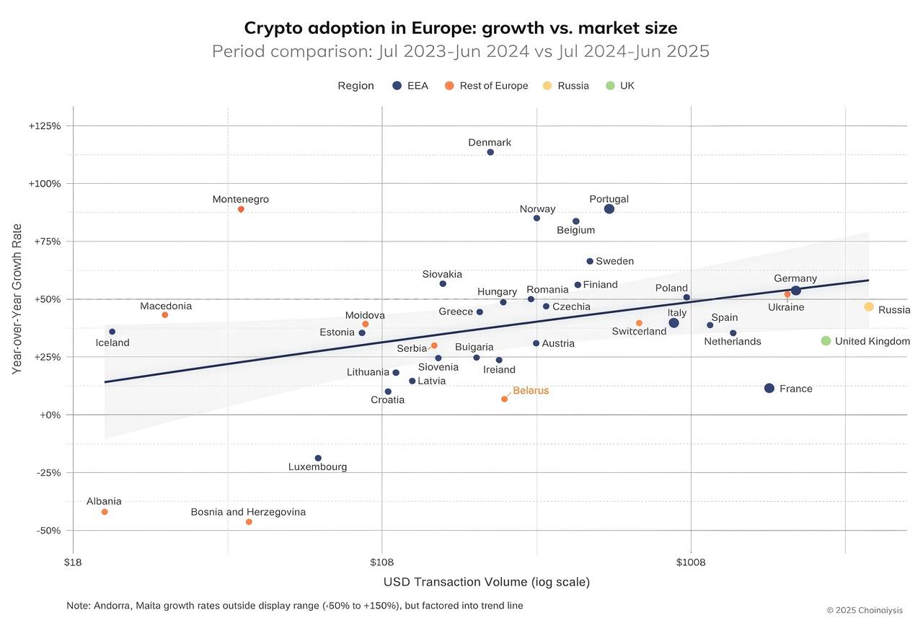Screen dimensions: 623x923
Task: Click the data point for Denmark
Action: (x=490, y=152)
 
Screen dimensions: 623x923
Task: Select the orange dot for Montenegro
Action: (x=241, y=209)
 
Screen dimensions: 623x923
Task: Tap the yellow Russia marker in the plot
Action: (x=869, y=307)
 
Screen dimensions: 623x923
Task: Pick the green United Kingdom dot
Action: (x=826, y=341)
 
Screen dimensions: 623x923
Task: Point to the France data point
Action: (x=769, y=389)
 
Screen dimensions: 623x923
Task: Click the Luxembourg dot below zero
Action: (x=318, y=459)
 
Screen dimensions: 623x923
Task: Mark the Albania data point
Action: (x=105, y=512)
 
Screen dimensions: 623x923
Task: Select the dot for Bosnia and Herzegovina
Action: (x=249, y=522)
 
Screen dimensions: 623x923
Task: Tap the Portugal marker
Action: (x=609, y=209)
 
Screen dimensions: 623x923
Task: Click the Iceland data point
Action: (x=112, y=332)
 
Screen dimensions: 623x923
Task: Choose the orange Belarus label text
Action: (x=531, y=391)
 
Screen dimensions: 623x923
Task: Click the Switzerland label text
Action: (x=639, y=332)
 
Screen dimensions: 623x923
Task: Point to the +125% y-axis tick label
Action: (x=45, y=126)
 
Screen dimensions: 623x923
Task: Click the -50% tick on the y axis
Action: (x=48, y=531)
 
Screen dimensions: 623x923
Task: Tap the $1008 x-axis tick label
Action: (x=691, y=562)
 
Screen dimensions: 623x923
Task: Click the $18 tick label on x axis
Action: (x=73, y=562)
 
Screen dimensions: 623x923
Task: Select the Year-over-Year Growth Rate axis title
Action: (x=17, y=299)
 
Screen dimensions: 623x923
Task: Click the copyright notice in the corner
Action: (x=864, y=610)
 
